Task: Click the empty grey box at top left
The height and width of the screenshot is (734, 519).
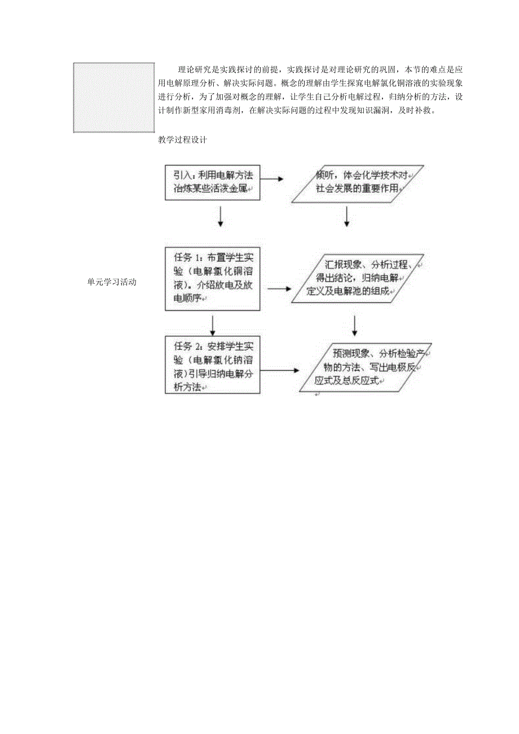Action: pyautogui.click(x=113, y=97)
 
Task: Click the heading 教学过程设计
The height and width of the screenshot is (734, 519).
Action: pyautogui.click(x=183, y=140)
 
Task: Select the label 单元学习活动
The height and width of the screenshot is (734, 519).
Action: pyautogui.click(x=112, y=282)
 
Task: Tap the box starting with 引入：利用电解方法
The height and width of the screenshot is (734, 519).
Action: pyautogui.click(x=212, y=182)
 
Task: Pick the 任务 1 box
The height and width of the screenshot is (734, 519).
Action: pyautogui.click(x=212, y=278)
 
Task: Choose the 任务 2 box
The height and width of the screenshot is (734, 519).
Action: pyautogui.click(x=212, y=365)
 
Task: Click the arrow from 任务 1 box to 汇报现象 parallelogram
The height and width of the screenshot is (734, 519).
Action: pyautogui.click(x=279, y=288)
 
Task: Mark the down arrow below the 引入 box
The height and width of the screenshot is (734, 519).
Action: pyautogui.click(x=220, y=217)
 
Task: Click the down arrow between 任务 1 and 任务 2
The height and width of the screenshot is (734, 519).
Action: pyautogui.click(x=213, y=324)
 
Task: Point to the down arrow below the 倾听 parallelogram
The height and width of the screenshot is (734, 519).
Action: pyautogui.click(x=346, y=216)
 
